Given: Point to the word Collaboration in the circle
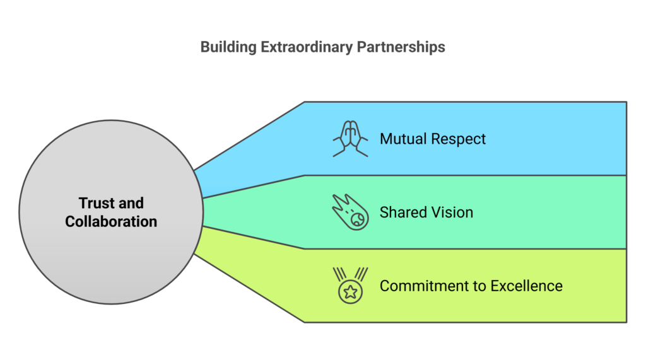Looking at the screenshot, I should (x=111, y=221).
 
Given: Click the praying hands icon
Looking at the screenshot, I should (x=350, y=138).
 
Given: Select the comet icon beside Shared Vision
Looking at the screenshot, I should (x=349, y=212).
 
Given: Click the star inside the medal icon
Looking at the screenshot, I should (x=350, y=292).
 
